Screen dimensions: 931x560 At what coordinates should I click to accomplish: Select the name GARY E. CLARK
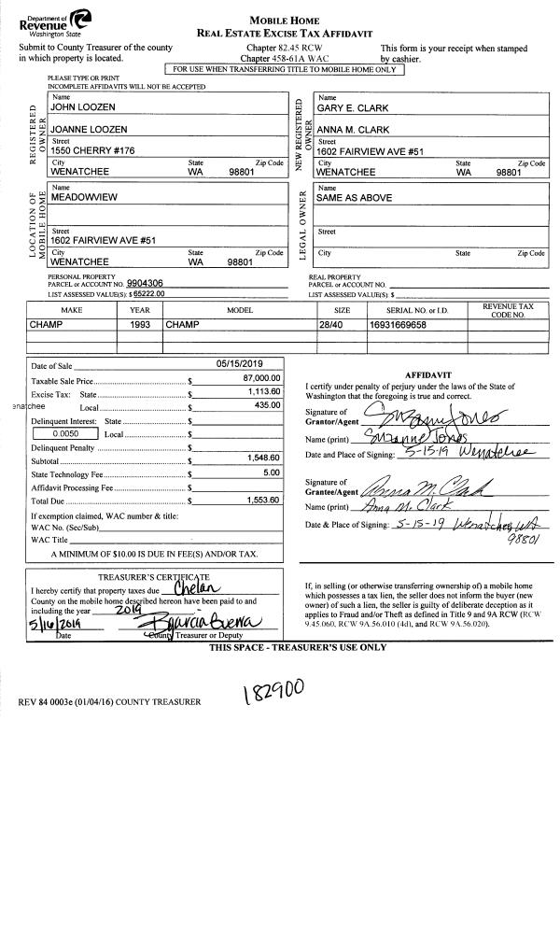coord(350,108)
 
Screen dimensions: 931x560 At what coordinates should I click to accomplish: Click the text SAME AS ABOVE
coord(354,198)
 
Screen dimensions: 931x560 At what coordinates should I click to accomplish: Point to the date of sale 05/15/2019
coord(241,364)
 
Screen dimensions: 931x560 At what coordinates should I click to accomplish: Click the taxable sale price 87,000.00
coord(260,379)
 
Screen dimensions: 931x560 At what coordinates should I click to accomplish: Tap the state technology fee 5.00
coord(271,473)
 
